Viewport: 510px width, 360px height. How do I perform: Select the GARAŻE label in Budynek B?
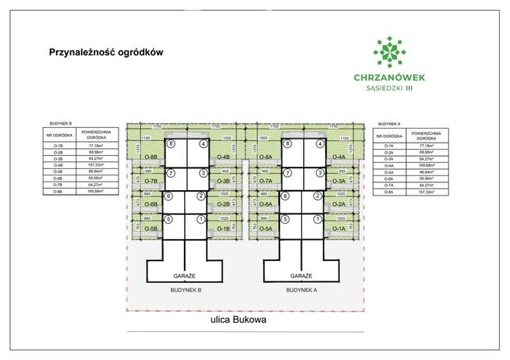[x=185, y=276]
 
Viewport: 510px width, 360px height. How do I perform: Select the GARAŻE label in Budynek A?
[x=301, y=276]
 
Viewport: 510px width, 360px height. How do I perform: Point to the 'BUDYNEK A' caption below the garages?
[x=302, y=290]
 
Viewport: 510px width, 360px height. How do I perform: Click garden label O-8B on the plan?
[x=152, y=157]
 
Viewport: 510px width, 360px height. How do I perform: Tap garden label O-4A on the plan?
[x=338, y=157]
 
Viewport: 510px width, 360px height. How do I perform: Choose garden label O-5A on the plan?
[x=266, y=228]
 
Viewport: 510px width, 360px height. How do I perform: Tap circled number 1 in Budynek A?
[x=317, y=220]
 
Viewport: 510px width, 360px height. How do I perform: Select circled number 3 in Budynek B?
[x=203, y=172]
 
